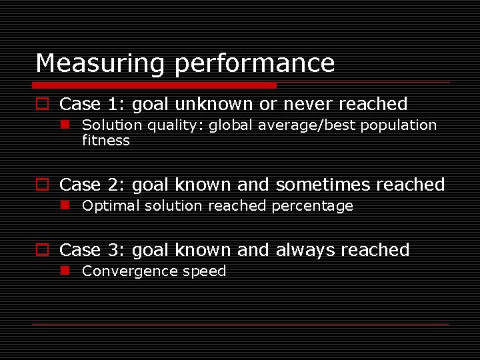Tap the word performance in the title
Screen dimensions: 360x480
(255, 64)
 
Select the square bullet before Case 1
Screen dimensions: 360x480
(42, 104)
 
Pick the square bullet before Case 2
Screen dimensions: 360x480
(42, 185)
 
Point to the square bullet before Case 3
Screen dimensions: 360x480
(42, 250)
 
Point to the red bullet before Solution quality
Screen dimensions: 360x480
(66, 125)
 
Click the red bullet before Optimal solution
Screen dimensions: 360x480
(66, 205)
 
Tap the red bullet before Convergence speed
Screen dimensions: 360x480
(66, 271)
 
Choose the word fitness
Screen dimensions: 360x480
(105, 141)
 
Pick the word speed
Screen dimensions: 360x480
(206, 271)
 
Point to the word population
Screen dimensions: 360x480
(399, 125)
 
